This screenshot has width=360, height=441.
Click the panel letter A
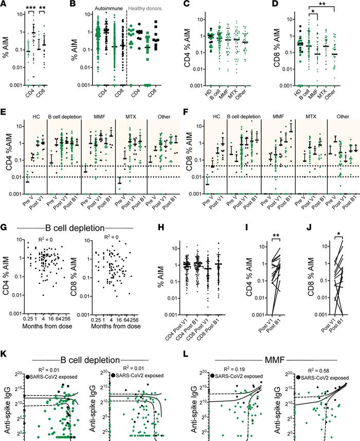click(4, 5)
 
